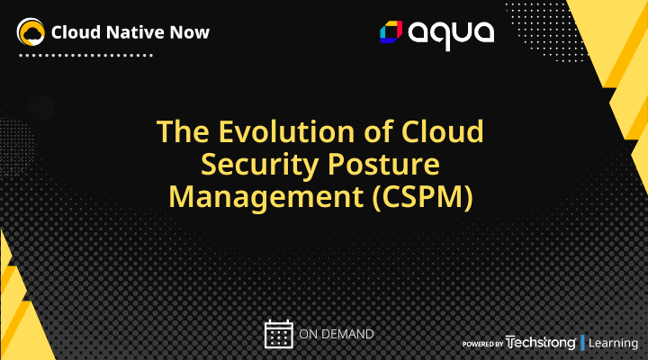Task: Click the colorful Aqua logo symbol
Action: tap(391, 33)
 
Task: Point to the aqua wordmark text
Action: tap(451, 34)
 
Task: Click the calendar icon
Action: tap(279, 334)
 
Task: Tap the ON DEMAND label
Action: tap(336, 335)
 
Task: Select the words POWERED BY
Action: tap(483, 344)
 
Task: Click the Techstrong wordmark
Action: tap(541, 342)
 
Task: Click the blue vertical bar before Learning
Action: tap(583, 342)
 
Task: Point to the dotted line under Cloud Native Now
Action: tap(85, 55)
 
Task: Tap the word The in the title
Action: tap(184, 132)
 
